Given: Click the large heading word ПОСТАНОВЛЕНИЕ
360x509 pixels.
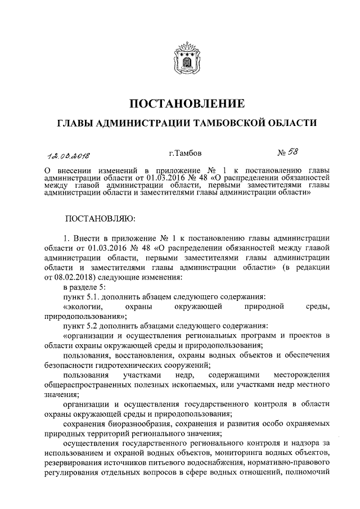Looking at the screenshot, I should pos(179,103).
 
